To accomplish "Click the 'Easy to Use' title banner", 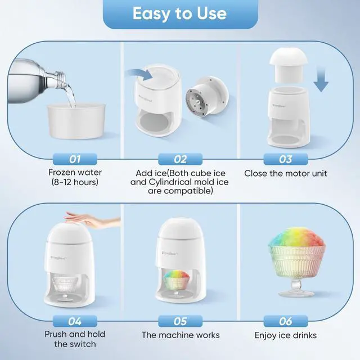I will (x=179, y=13).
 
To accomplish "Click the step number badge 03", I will (x=286, y=159).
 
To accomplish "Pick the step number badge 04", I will (x=74, y=321).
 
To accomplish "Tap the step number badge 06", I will (x=286, y=321).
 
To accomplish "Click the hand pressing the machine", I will (x=93, y=220).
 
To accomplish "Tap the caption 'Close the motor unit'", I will (x=286, y=173).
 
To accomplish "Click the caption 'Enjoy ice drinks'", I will (x=286, y=335).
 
